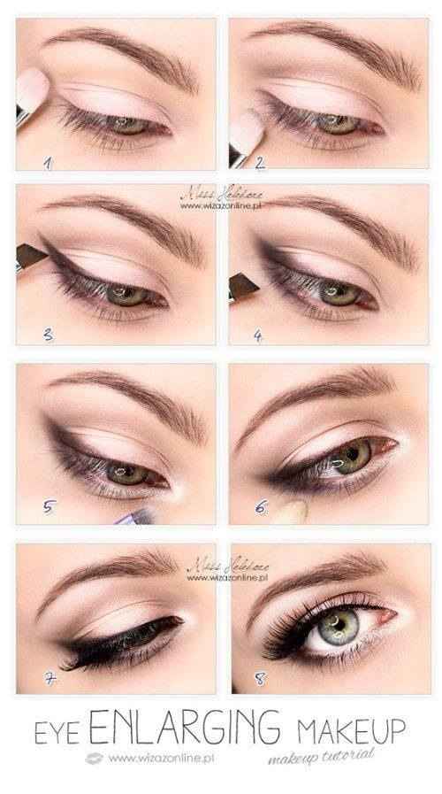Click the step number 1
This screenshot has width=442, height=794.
[50, 163]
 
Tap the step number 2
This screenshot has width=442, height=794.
[261, 163]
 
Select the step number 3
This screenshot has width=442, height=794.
[50, 334]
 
